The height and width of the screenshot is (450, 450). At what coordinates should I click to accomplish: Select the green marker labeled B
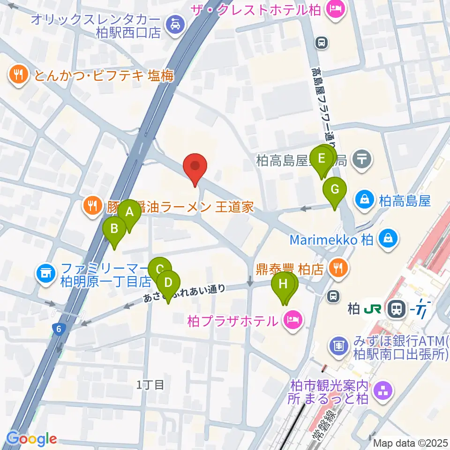tap(114, 229)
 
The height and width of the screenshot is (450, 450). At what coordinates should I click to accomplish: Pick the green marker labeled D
tap(168, 283)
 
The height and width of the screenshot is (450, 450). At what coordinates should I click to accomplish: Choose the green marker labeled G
tap(335, 189)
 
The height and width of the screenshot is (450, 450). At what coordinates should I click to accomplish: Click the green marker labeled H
tap(283, 284)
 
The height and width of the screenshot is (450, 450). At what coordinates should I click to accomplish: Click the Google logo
tap(31, 439)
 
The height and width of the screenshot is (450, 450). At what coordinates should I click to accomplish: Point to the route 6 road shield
tap(58, 329)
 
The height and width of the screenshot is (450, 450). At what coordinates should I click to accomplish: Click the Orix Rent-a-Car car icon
tap(175, 23)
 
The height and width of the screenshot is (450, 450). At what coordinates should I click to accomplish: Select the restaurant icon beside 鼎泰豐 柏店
tap(337, 268)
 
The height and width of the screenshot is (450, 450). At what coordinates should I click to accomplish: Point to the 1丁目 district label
tap(150, 385)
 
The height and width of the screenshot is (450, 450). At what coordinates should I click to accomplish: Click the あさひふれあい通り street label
tap(185, 294)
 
